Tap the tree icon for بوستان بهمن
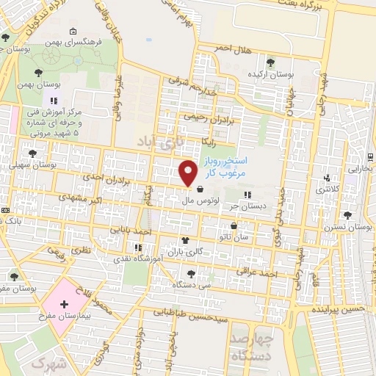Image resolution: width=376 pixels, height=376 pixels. point(38,70)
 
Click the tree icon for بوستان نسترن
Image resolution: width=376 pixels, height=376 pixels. point(347,215)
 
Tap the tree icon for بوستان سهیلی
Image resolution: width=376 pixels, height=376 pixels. point(32,153)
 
